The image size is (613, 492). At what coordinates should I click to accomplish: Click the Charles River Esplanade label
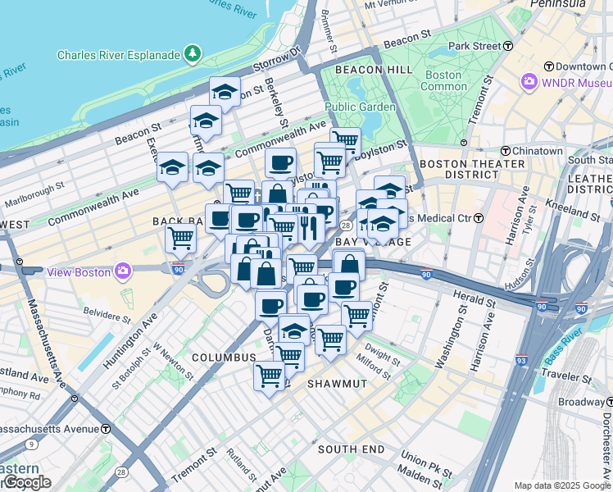pyautogui.click(x=118, y=55)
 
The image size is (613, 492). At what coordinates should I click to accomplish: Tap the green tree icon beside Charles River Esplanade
pyautogui.click(x=193, y=54)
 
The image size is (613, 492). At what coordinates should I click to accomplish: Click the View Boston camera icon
pyautogui.click(x=123, y=270)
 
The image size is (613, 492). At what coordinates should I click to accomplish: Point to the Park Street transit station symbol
pyautogui.click(x=508, y=46)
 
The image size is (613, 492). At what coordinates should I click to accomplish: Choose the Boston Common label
pyautogui.click(x=443, y=80)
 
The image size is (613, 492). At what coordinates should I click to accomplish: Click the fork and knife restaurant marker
pyautogui.click(x=308, y=225)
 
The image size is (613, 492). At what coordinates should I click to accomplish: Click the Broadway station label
pyautogui.click(x=580, y=402)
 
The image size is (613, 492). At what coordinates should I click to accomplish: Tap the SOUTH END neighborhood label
pyautogui.click(x=351, y=449)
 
